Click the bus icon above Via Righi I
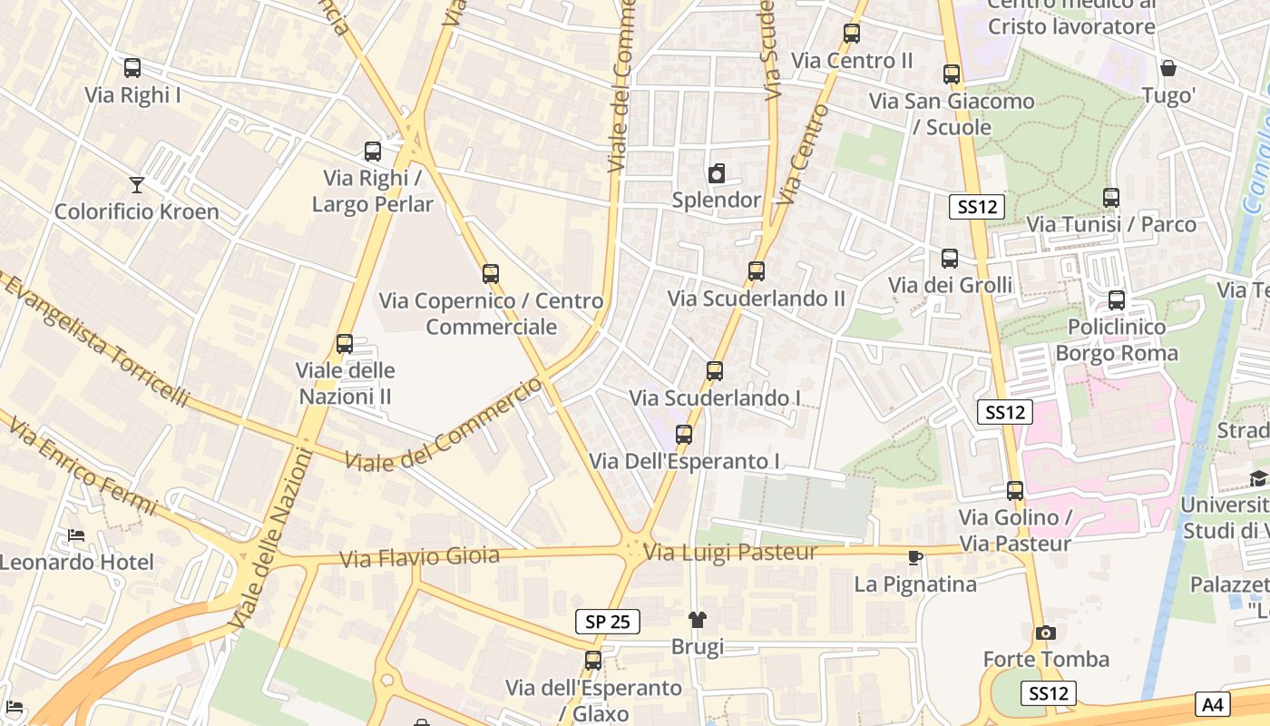click(x=132, y=67)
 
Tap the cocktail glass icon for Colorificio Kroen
click(x=137, y=185)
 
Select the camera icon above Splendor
click(x=717, y=173)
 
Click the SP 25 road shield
click(x=608, y=622)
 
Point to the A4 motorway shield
click(x=1214, y=703)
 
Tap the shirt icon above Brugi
click(x=697, y=620)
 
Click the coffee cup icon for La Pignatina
click(x=915, y=557)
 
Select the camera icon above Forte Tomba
click(x=1046, y=633)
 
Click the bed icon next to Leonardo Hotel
click(x=76, y=535)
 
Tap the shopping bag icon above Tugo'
click(x=1168, y=68)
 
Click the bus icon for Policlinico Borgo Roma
click(x=1117, y=299)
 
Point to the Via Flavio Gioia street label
click(x=420, y=557)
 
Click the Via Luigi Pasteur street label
click(x=730, y=552)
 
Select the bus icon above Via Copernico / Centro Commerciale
click(x=491, y=273)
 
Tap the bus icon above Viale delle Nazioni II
click(x=345, y=343)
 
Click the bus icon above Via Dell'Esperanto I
click(x=684, y=434)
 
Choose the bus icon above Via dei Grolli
click(x=950, y=259)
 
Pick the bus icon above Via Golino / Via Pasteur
click(x=1015, y=491)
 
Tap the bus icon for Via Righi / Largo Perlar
click(x=373, y=152)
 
